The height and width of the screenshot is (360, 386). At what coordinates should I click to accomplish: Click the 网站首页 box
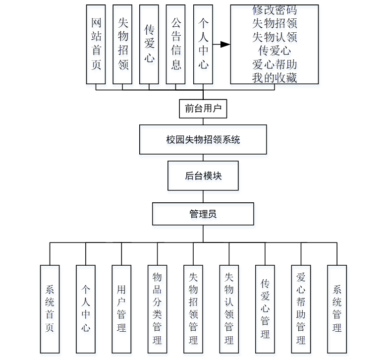96,44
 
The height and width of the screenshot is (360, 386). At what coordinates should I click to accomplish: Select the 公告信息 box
175,44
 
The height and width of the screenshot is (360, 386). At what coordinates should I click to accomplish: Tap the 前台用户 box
203,109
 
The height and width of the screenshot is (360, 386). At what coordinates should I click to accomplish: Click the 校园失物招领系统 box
203,139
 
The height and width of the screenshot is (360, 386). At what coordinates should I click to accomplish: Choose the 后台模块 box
203,176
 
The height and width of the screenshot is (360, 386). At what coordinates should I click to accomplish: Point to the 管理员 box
203,214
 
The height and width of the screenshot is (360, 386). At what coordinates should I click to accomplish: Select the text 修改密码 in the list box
274,10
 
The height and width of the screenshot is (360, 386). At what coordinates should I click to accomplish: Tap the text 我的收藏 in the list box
274,77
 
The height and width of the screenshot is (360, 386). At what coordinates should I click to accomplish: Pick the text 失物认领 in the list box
274,37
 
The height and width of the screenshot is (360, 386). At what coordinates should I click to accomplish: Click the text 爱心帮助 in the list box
274,64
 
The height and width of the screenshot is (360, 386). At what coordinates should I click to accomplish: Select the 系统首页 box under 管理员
50,308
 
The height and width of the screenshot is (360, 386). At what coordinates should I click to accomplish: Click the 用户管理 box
121,308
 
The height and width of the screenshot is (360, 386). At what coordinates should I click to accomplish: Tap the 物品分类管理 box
157,308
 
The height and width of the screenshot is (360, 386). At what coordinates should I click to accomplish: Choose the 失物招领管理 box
193,308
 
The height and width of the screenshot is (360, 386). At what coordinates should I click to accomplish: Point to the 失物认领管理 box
229,308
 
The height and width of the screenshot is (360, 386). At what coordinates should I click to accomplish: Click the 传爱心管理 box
265,308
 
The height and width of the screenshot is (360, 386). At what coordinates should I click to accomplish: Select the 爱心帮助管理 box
301,308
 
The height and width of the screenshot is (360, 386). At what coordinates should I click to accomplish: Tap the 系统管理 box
337,308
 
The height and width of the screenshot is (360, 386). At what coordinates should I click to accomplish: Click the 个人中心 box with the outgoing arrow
203,44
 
